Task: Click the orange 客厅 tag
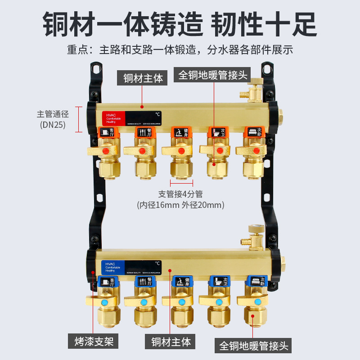(108, 132)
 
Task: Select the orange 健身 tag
(181, 132)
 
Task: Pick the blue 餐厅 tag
(144, 282)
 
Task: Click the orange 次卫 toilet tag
(218, 132)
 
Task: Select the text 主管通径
(53, 114)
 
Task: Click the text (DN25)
(53, 125)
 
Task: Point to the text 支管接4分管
(180, 194)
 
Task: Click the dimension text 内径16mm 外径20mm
(180, 205)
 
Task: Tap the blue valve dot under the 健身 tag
(181, 302)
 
